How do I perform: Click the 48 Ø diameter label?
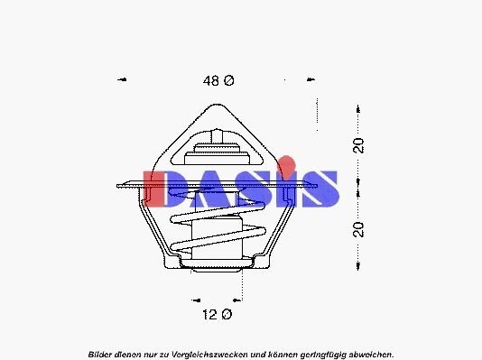click(x=218, y=81)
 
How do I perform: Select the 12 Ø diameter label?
click(x=218, y=314)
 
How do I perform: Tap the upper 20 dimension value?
click(x=359, y=145)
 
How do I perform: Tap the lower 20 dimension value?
click(x=359, y=228)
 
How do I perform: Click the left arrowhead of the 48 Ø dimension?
click(x=121, y=80)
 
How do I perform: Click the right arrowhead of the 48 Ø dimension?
click(x=315, y=80)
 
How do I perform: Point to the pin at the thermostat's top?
click(x=218, y=135)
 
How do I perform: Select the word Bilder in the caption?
click(x=102, y=353)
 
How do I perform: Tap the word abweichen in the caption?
click(x=370, y=353)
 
